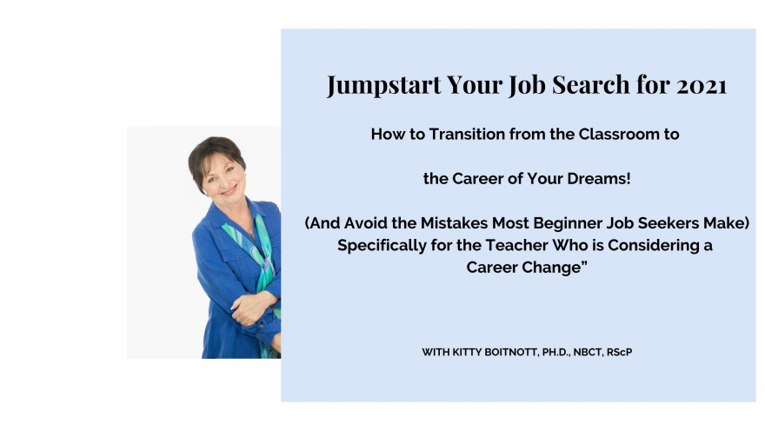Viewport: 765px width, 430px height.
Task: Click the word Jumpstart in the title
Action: (x=384, y=85)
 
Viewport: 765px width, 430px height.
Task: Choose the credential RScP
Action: (x=620, y=352)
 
